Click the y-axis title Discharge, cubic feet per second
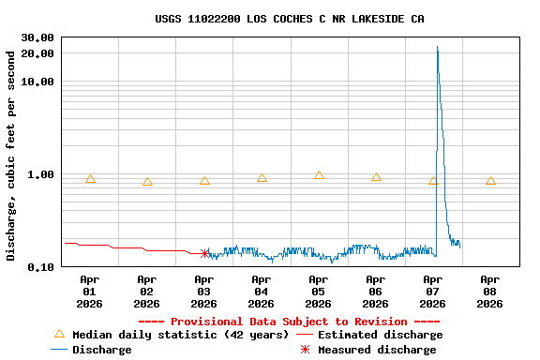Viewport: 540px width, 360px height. coord(11,156)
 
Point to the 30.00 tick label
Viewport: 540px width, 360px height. coord(37,37)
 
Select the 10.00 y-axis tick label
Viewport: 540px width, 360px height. coord(37,82)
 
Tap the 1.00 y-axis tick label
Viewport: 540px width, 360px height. coord(40,174)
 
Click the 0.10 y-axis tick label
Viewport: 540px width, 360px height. coord(40,267)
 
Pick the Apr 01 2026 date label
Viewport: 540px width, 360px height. coord(89,291)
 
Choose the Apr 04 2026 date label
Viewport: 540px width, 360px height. coord(261,291)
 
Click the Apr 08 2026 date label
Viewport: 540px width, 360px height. coord(489,291)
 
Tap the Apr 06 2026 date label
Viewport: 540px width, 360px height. coord(375,291)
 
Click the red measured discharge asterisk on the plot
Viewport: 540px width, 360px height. coord(204,253)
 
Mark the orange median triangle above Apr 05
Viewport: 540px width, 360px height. coord(319,175)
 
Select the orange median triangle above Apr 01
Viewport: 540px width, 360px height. coord(90,178)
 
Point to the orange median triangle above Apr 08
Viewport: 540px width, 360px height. coord(490,180)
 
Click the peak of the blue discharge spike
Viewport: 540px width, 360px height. coord(437,47)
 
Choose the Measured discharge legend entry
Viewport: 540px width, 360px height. coord(376,350)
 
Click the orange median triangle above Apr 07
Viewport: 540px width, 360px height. coord(433,180)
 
